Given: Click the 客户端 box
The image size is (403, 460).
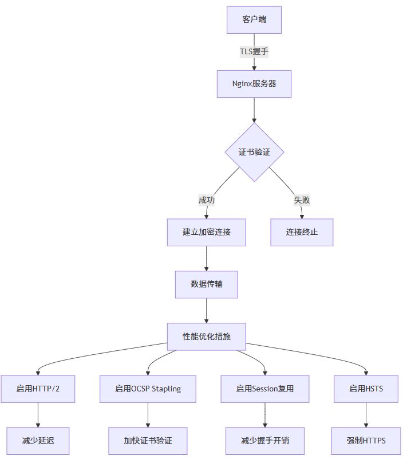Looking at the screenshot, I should pos(254,20).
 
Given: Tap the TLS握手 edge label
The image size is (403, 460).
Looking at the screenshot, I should pos(254,51).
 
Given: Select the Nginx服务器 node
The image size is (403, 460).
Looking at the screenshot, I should pos(254,83).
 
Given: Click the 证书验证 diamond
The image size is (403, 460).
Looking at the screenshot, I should pos(254,152).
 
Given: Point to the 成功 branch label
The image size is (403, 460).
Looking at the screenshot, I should pos(207,200).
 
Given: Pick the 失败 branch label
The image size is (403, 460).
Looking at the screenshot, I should pos(302,200).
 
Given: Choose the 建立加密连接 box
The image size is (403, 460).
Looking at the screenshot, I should pos(207,232).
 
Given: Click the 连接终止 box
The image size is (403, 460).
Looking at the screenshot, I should pos(302,232).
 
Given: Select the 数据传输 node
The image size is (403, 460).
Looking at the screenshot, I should pos(207,284).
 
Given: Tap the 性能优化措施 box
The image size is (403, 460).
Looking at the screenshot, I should pos(207,337).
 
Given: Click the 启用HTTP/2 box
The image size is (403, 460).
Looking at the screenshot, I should pos(38,389).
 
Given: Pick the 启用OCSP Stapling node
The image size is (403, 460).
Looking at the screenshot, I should pos(148,389).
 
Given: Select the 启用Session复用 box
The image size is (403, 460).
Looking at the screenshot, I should pos(265,389).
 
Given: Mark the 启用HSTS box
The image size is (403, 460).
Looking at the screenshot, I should pos(366,389).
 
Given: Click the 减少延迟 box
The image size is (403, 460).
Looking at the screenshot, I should pos(38,441).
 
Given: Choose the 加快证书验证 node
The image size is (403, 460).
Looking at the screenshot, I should pos(148,441).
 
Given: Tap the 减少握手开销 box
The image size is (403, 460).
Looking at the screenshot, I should pos(265,441).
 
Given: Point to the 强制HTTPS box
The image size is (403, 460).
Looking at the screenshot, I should pos(366,441).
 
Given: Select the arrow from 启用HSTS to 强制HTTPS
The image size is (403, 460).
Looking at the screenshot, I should pos(366,414).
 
